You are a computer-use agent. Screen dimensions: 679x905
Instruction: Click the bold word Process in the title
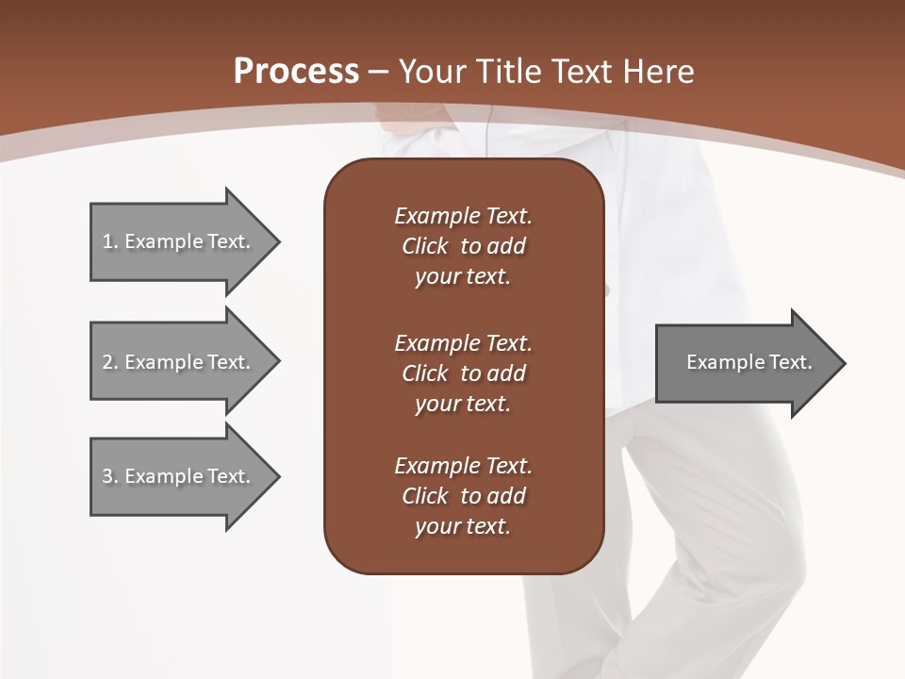296,72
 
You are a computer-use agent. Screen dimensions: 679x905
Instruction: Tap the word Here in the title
657,72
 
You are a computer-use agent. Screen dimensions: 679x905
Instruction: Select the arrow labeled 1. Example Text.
179,241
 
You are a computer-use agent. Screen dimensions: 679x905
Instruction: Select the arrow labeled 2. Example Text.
179,362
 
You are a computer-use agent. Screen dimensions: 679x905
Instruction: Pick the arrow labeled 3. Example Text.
179,476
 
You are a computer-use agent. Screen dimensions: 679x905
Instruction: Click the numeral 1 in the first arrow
107,241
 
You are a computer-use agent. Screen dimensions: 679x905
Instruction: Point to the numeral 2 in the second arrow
107,362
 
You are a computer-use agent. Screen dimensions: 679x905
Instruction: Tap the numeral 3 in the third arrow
107,476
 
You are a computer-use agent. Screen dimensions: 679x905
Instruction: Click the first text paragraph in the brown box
463,246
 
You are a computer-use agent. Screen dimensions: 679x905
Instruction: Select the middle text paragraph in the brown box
463,373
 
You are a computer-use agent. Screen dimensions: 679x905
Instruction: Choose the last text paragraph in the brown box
463,496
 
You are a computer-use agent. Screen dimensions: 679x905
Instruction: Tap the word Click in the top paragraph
424,246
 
